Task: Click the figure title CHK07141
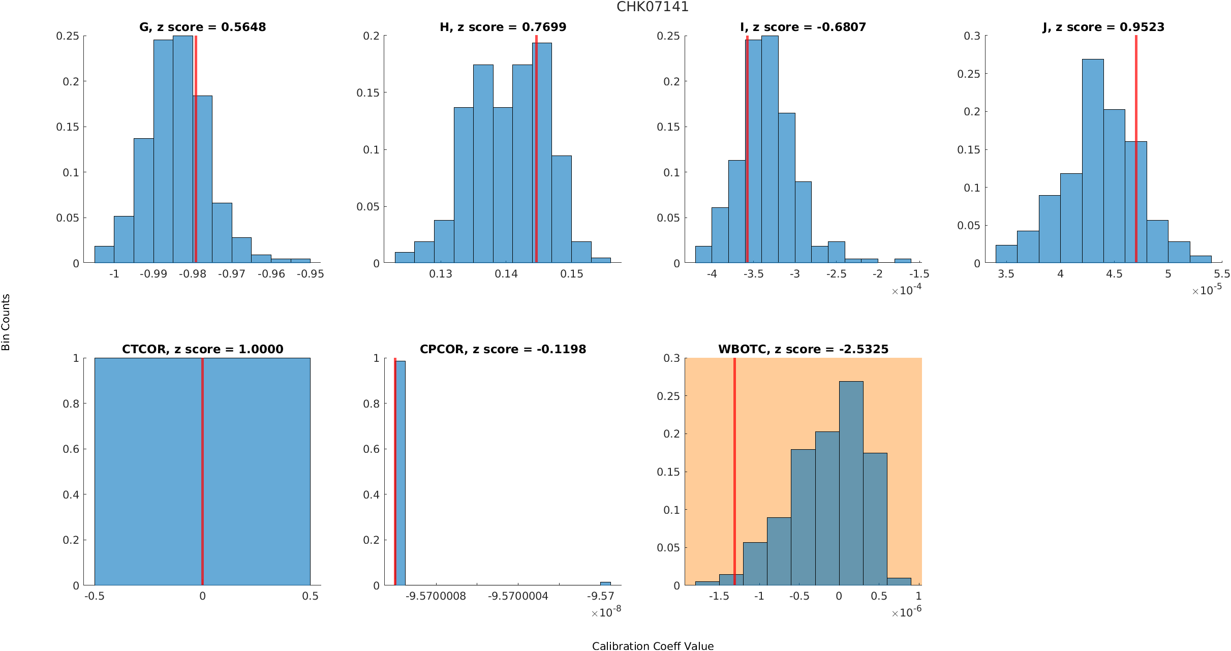[x=652, y=7]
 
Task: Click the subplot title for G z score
[x=202, y=27]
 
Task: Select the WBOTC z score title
[x=803, y=349]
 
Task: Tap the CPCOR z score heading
[x=503, y=349]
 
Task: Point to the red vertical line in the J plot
[x=1135, y=147]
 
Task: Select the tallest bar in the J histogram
[x=1093, y=163]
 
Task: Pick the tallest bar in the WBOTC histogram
[x=851, y=483]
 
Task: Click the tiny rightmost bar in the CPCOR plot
[x=605, y=583]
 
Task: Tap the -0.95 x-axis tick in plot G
[x=310, y=274]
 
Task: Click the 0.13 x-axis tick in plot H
[x=440, y=274]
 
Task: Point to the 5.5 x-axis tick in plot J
[x=1221, y=274]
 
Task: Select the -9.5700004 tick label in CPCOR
[x=518, y=596]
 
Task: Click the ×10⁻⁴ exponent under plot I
[x=906, y=290]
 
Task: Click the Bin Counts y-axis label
[x=6, y=322]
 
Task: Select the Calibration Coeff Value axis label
[x=653, y=645]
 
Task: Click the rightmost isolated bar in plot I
[x=902, y=261]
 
